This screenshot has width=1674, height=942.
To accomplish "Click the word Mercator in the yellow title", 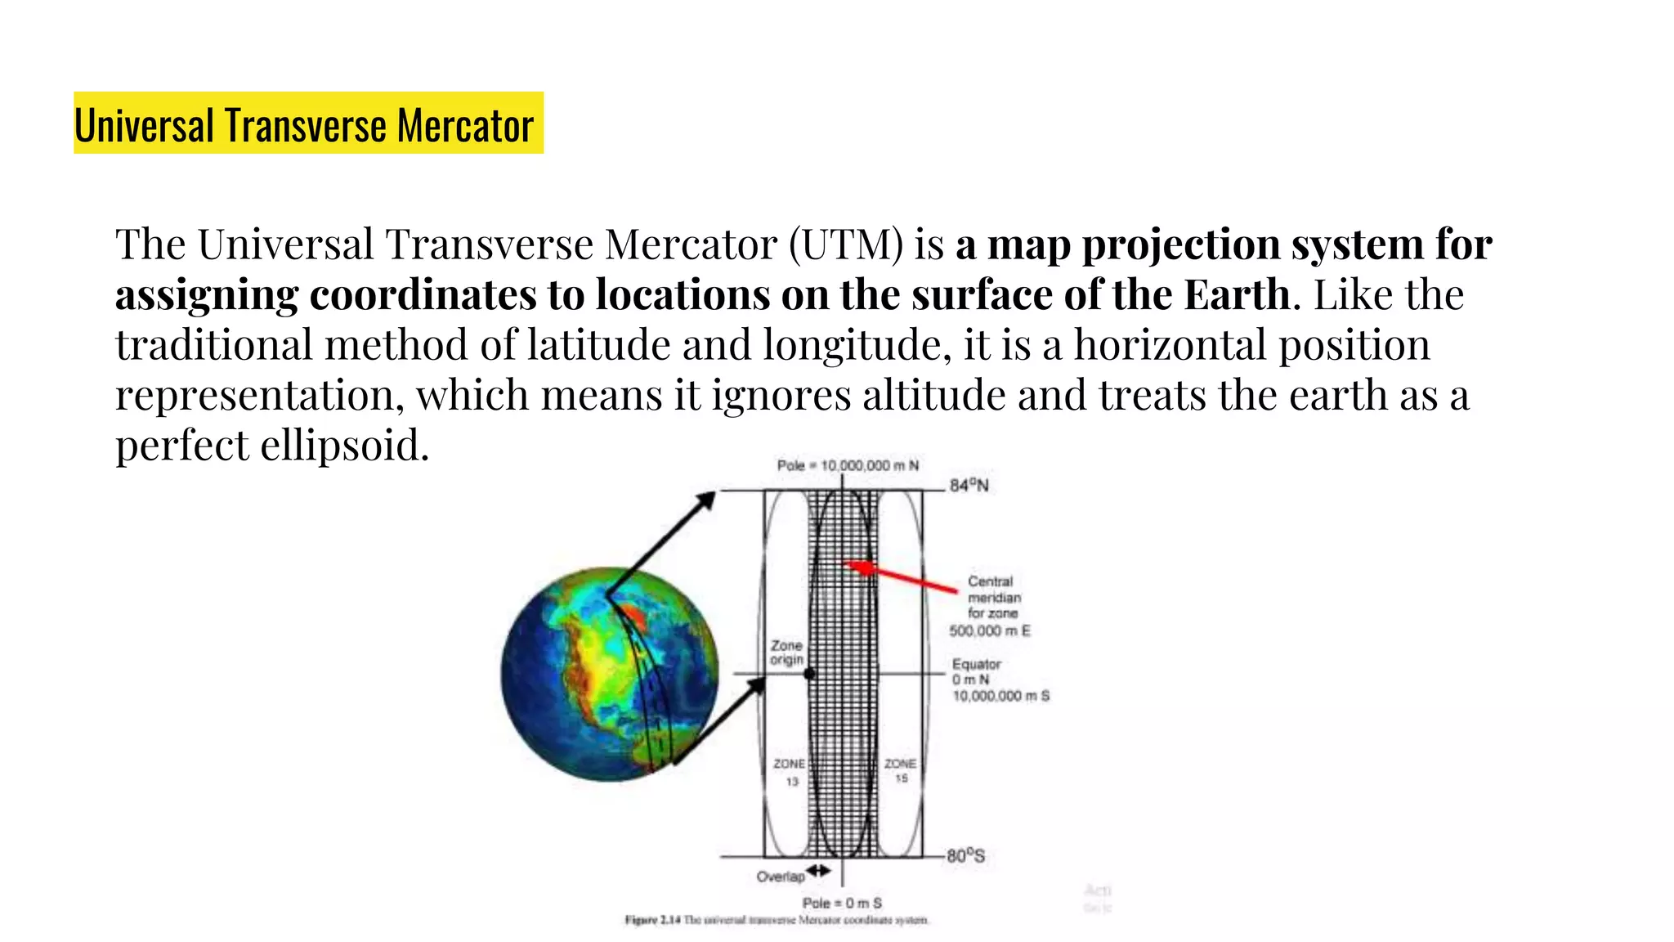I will (466, 126).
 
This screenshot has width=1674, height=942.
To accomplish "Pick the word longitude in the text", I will (857, 345).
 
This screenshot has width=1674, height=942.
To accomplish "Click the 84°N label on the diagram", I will (969, 486).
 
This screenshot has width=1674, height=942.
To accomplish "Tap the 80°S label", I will (966, 856).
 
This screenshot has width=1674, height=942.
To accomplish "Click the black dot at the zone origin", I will (809, 674).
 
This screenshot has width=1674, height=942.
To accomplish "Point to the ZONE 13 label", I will (790, 772).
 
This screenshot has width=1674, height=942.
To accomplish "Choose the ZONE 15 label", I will (900, 770).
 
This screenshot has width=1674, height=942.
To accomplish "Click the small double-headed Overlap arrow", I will (819, 871).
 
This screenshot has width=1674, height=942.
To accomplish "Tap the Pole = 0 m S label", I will (842, 903).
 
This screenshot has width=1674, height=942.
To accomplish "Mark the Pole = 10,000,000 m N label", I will (848, 465).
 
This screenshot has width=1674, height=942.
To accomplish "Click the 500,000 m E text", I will (990, 630).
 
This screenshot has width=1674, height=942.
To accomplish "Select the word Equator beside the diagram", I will (976, 664).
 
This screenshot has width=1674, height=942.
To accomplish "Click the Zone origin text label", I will (786, 653).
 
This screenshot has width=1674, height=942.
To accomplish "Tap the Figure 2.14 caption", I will (777, 921).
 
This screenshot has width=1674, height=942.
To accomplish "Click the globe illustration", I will (609, 674).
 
